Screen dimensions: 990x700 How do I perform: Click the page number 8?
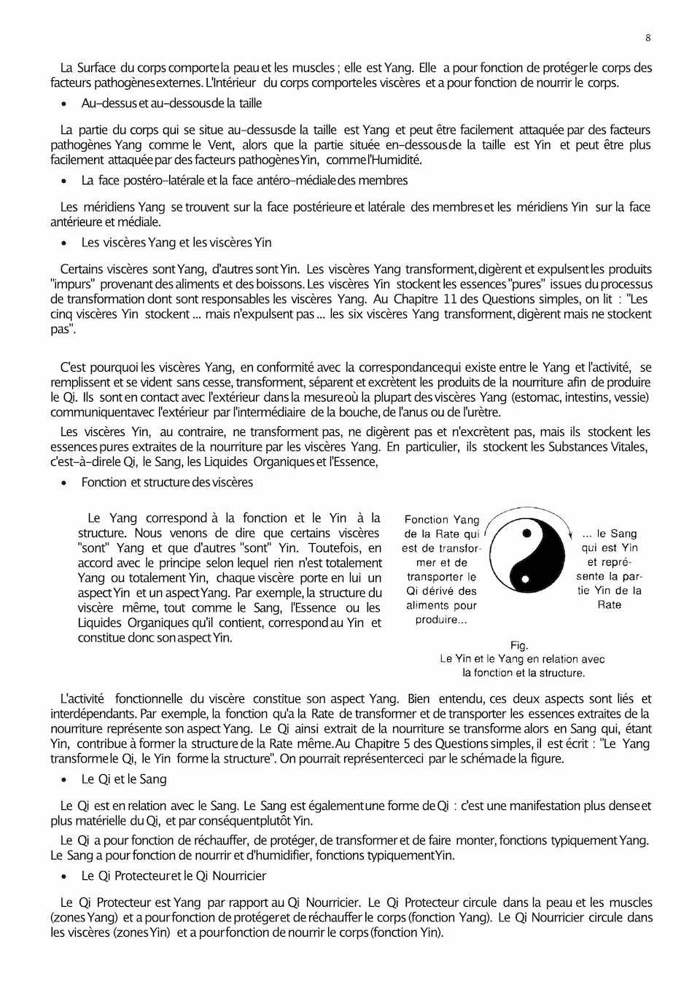[x=648, y=38]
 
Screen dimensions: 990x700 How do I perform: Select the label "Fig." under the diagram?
[x=519, y=645]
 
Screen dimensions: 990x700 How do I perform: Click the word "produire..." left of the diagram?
[x=441, y=620]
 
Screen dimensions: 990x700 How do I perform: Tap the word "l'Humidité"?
[x=394, y=160]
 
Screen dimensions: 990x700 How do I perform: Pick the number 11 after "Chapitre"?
[x=450, y=299]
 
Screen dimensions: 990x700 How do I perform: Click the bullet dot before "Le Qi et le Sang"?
[x=65, y=780]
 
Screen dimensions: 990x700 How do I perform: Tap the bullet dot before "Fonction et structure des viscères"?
[x=65, y=483]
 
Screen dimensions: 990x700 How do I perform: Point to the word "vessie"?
[x=629, y=397]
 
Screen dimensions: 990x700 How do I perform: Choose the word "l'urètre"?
[x=479, y=412]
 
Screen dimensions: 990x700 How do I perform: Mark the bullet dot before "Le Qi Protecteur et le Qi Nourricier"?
[x=65, y=877]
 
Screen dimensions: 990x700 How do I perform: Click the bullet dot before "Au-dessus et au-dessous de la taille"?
[x=65, y=104]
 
